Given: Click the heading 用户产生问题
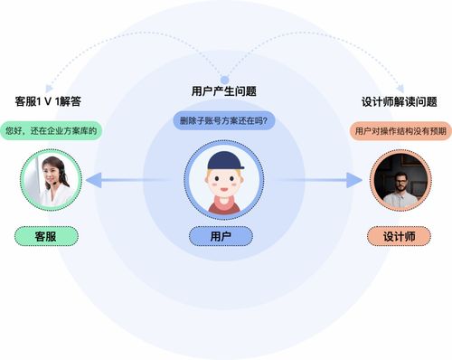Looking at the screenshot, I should pos(224,91).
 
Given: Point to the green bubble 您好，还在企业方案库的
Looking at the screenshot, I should pos(50,130).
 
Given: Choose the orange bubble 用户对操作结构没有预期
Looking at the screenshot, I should pos(399,130).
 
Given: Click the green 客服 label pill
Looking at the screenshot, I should pos(45,236).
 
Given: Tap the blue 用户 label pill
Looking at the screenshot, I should pos(221,236).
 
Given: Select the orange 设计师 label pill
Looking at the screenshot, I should pos(399,236).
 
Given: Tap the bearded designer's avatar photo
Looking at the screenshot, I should pos(399,180).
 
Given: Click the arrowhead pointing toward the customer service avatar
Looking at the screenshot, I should pos(93,181).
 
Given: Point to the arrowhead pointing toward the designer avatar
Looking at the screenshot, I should pos(353,181).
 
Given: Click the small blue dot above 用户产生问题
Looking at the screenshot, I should pos(224,79).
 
